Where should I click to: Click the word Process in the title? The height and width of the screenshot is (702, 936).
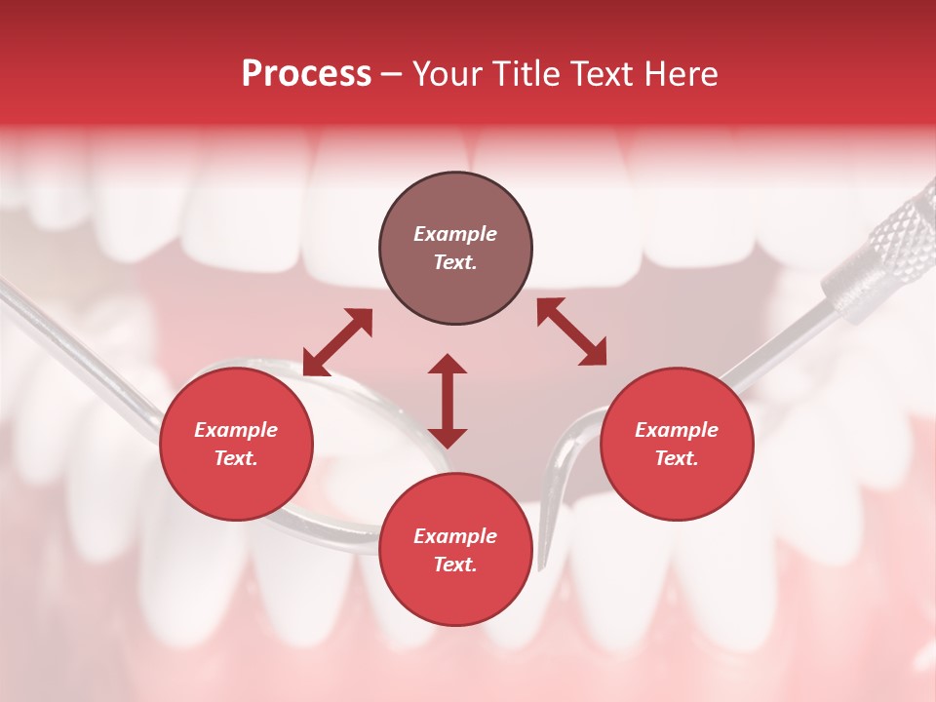[x=306, y=74]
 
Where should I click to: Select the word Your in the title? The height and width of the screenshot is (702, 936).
[x=445, y=74]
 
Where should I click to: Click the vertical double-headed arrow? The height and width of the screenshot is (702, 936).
[x=448, y=401]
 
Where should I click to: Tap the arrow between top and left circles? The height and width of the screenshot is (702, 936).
[x=337, y=342]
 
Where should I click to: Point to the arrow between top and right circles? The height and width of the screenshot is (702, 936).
[x=571, y=331]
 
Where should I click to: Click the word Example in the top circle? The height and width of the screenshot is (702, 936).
[x=455, y=234]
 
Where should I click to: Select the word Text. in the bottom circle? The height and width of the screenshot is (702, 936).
[x=455, y=565]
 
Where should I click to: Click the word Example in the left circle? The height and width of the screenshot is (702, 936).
[x=236, y=430]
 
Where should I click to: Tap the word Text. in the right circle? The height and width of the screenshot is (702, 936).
[x=677, y=458]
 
